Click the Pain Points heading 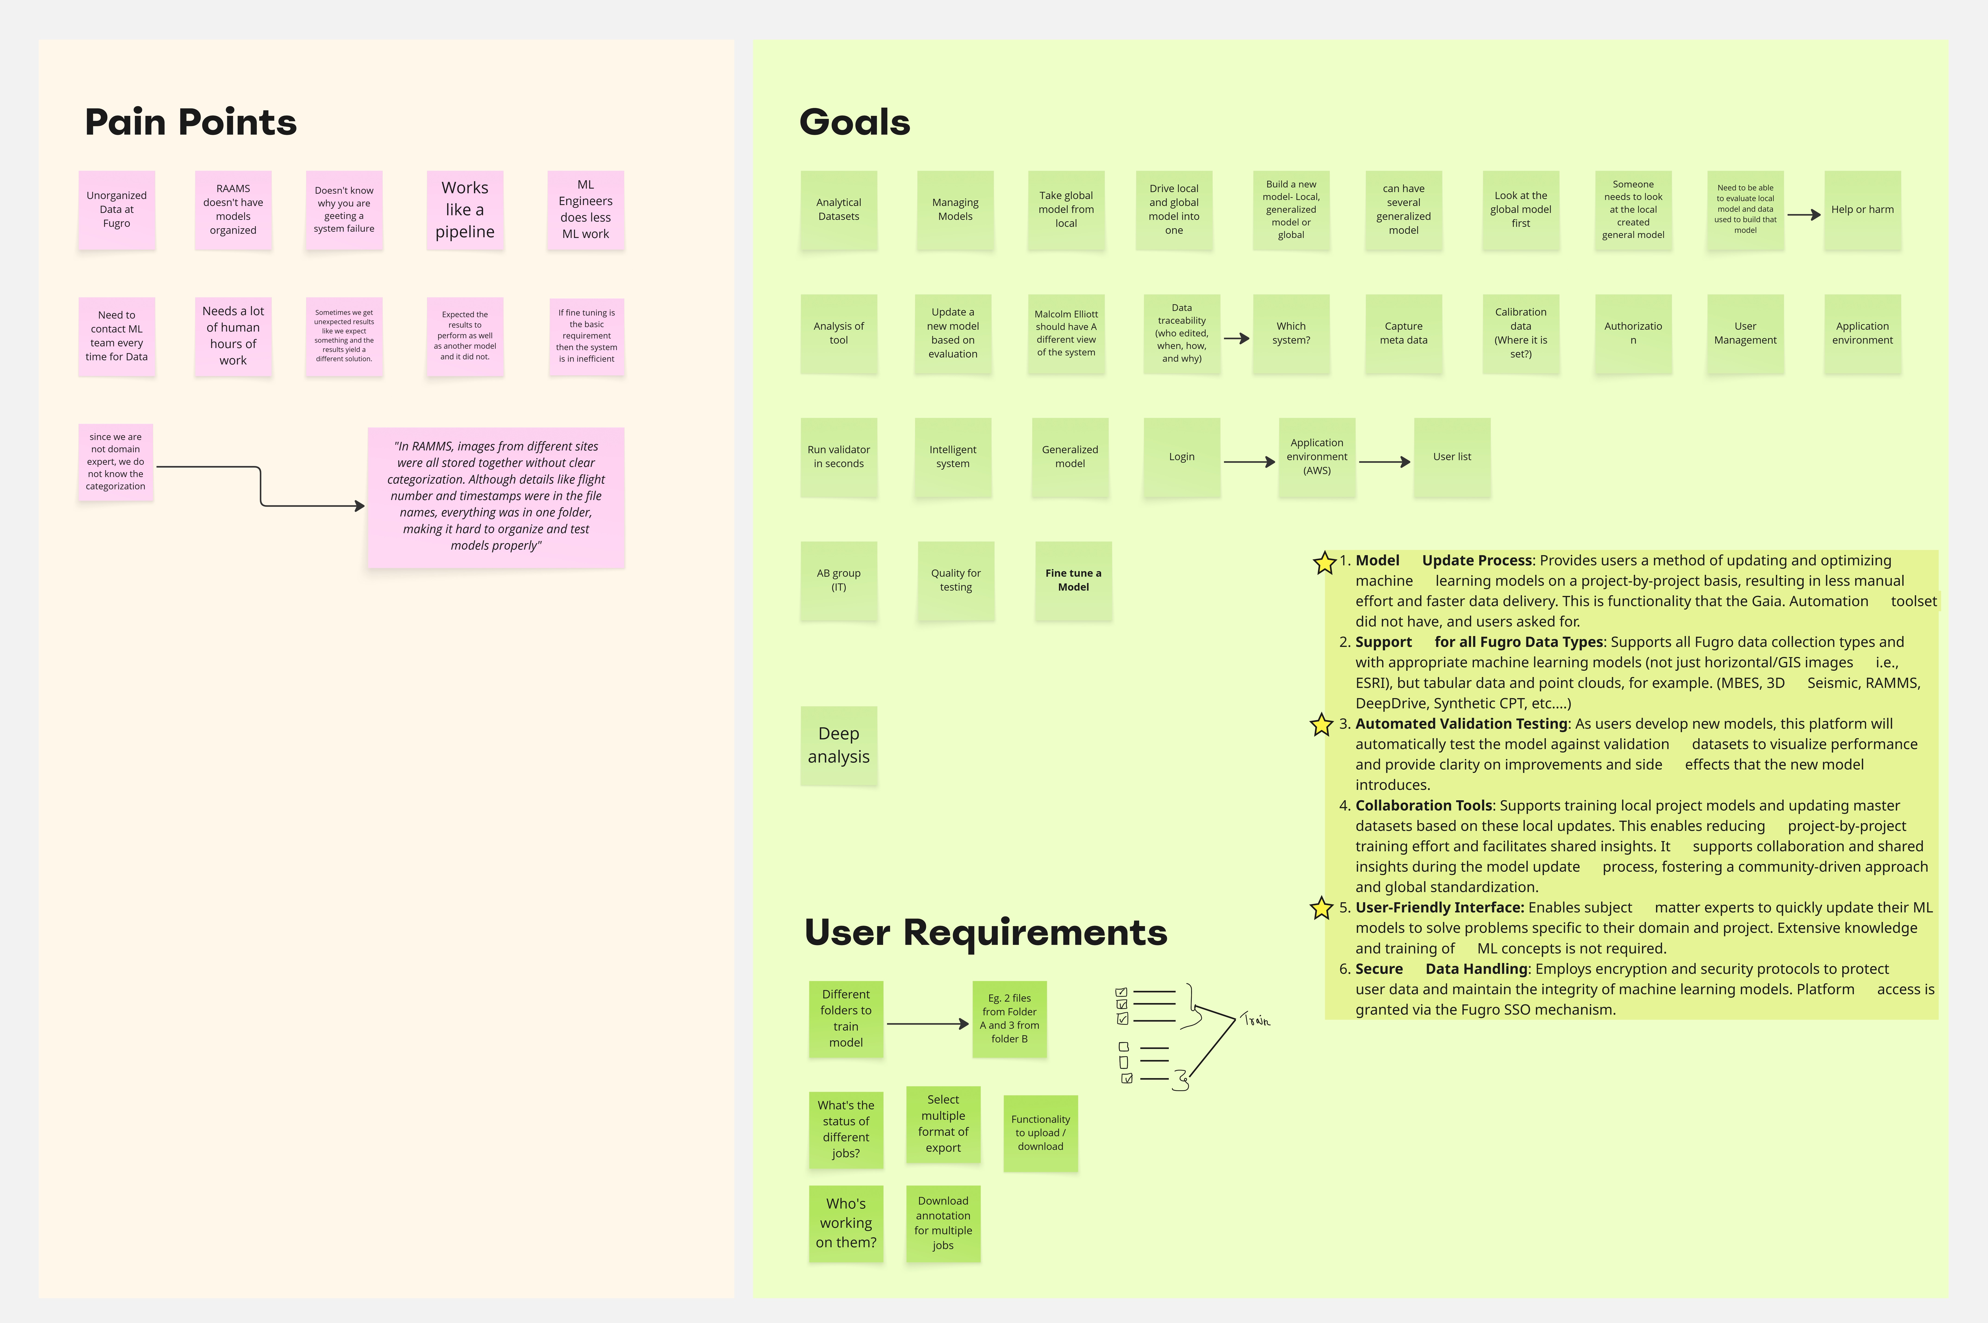191,122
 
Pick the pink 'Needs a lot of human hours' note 233,336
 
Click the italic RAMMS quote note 496,496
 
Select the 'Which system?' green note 1290,333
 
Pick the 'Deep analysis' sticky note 838,745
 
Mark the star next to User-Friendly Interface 1321,908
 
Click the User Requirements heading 985,932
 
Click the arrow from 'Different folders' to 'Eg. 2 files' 927,1023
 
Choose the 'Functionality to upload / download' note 1040,1132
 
